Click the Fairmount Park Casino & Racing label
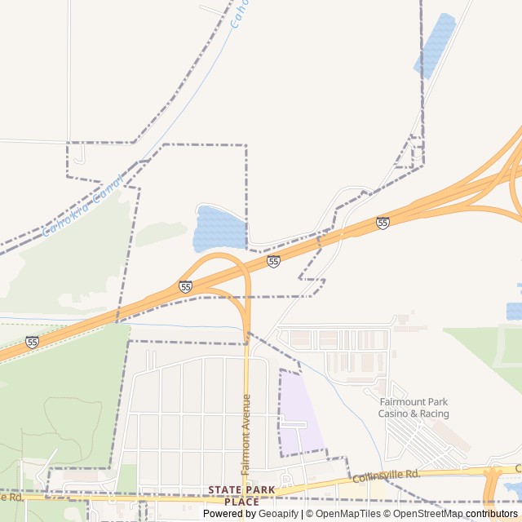tap(414, 408)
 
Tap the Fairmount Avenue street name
tap(246, 434)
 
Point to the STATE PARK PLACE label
tap(241, 495)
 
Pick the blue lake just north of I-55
tap(218, 228)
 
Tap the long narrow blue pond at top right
tap(436, 45)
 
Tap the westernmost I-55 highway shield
tap(32, 342)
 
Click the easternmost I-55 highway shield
tap(383, 223)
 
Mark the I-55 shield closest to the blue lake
tap(273, 261)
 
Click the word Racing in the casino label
tap(436, 414)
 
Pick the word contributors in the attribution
tap(492, 514)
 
